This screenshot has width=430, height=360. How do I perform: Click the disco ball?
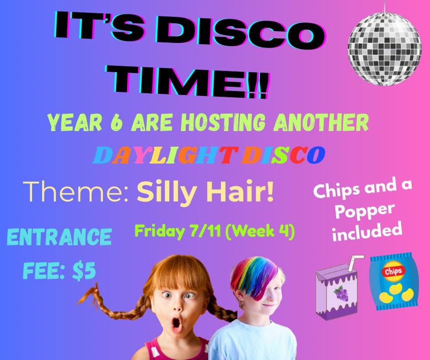384,48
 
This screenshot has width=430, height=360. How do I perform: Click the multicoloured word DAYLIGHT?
167,155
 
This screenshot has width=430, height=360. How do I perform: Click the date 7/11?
205,231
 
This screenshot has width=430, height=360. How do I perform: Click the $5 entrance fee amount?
84,271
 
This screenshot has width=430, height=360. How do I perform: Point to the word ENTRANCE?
60,236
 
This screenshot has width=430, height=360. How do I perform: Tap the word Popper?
365,211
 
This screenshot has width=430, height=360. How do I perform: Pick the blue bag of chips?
394,282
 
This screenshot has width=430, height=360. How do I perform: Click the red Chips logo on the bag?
393,271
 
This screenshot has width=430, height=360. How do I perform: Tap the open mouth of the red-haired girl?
176,323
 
